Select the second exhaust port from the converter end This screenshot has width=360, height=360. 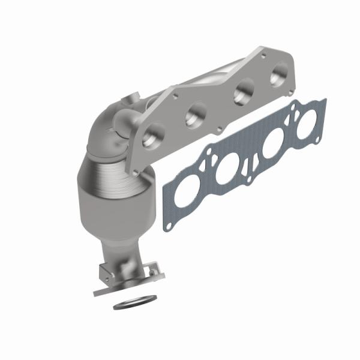pos(196,114)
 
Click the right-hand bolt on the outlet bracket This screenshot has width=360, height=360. pos(159,275)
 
